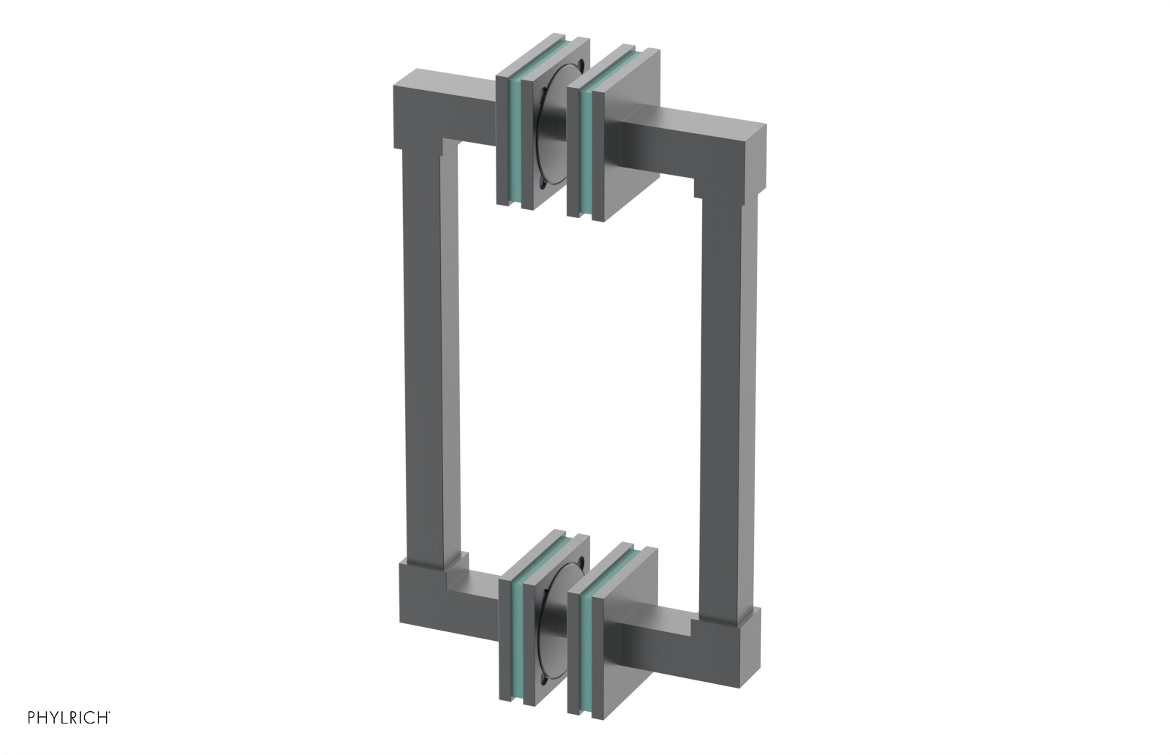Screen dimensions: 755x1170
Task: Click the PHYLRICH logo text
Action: tap(69, 717)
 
